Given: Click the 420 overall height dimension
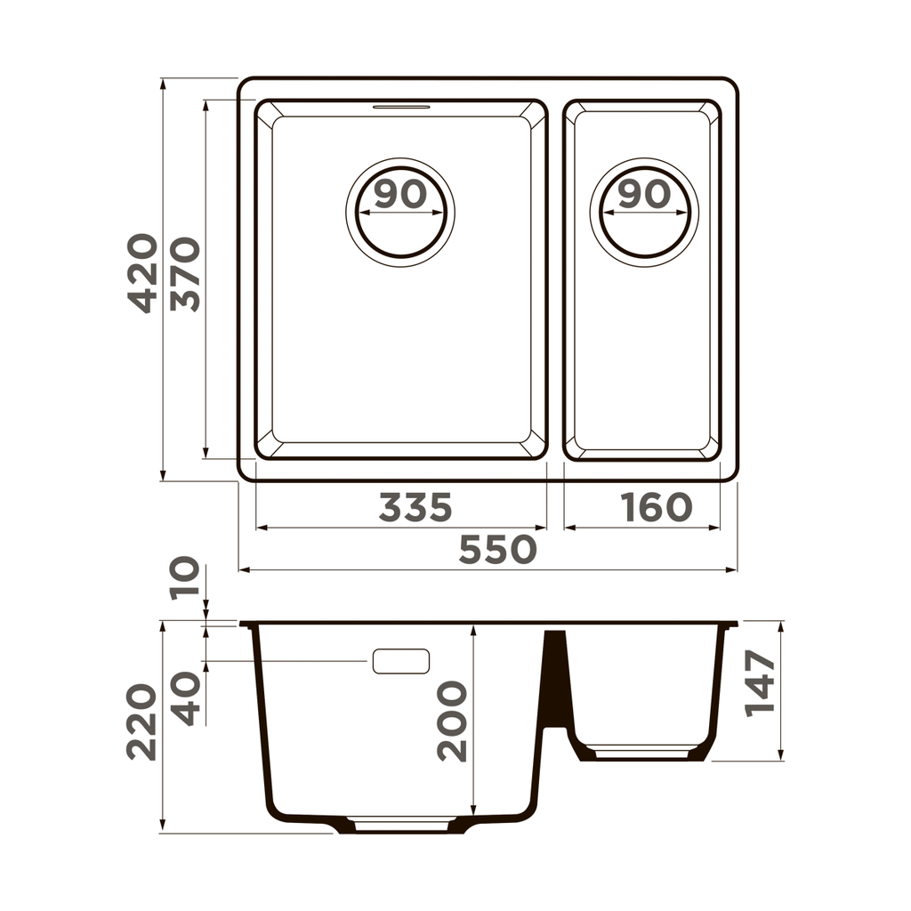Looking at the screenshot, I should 142,273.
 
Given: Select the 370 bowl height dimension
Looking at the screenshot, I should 186,274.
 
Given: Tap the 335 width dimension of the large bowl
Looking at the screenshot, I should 415,508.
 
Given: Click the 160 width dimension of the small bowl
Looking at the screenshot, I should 657,508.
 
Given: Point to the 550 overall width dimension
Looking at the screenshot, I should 497,551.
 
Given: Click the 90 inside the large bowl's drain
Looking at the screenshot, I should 400,194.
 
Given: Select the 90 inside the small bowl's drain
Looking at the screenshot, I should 643,194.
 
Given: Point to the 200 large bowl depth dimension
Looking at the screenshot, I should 453,721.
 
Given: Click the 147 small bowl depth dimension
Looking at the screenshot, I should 761,683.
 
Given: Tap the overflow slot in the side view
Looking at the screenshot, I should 400,661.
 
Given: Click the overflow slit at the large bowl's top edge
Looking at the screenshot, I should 400,107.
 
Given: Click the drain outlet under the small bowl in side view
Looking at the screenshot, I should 641,753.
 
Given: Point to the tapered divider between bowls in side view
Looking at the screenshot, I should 555,676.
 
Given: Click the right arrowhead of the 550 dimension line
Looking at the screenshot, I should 732,569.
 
